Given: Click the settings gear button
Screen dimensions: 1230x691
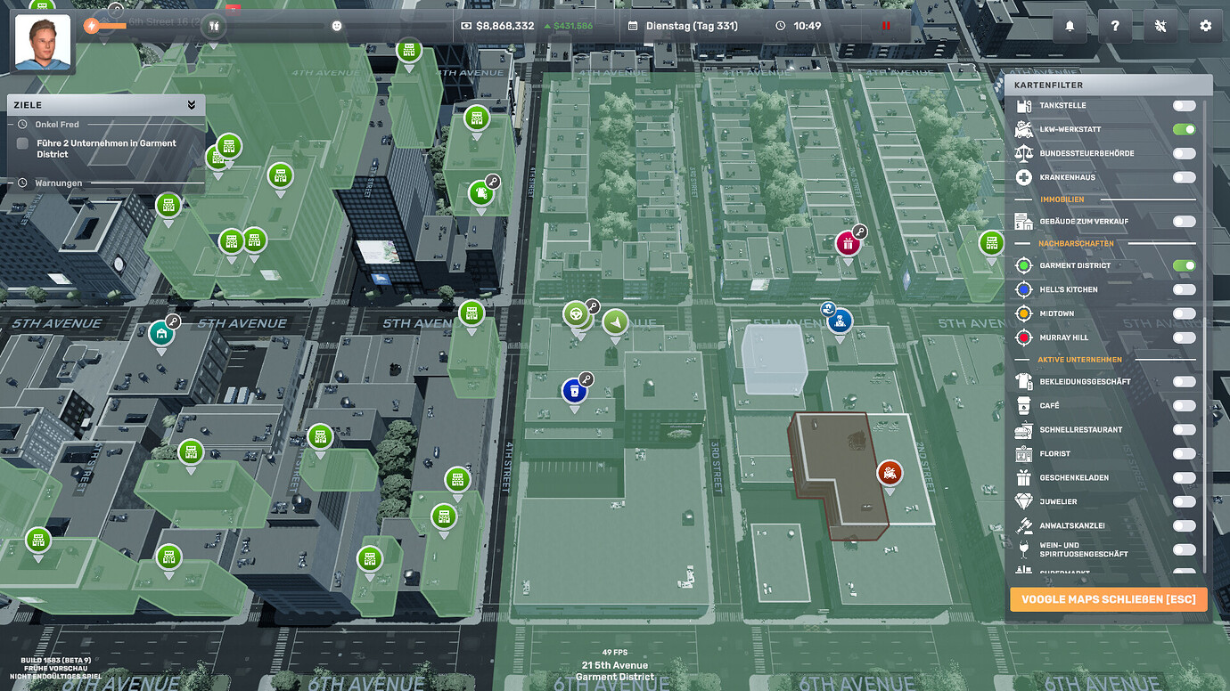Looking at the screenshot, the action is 1205,26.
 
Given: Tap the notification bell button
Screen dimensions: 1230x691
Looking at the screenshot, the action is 1070,26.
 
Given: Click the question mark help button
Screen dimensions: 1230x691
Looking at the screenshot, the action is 1114,26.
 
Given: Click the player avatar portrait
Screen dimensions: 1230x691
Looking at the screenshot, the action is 43,42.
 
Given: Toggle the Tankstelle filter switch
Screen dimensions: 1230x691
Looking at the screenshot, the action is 1184,106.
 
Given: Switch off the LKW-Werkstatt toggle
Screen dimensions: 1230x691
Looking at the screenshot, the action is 1184,130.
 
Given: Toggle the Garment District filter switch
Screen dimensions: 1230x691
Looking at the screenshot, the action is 1184,265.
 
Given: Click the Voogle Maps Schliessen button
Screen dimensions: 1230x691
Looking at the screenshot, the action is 1108,599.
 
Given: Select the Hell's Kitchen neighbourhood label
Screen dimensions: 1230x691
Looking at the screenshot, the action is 1068,289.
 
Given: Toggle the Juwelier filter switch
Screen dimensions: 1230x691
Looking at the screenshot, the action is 1184,502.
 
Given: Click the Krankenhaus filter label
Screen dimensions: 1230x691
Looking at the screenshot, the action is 1067,177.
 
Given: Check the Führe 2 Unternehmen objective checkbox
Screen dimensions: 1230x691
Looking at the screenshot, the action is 23,143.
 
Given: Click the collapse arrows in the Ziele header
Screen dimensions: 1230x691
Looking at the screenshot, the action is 192,105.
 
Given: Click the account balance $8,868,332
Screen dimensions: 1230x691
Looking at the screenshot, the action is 504,26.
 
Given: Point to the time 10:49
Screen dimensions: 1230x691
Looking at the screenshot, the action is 807,26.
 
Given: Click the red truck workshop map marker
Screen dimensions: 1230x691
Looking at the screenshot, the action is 889,473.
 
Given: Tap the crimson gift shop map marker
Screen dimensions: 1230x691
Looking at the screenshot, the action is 848,243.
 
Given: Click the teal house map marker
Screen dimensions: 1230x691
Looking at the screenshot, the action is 161,334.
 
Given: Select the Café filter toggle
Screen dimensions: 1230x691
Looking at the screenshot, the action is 1184,406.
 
